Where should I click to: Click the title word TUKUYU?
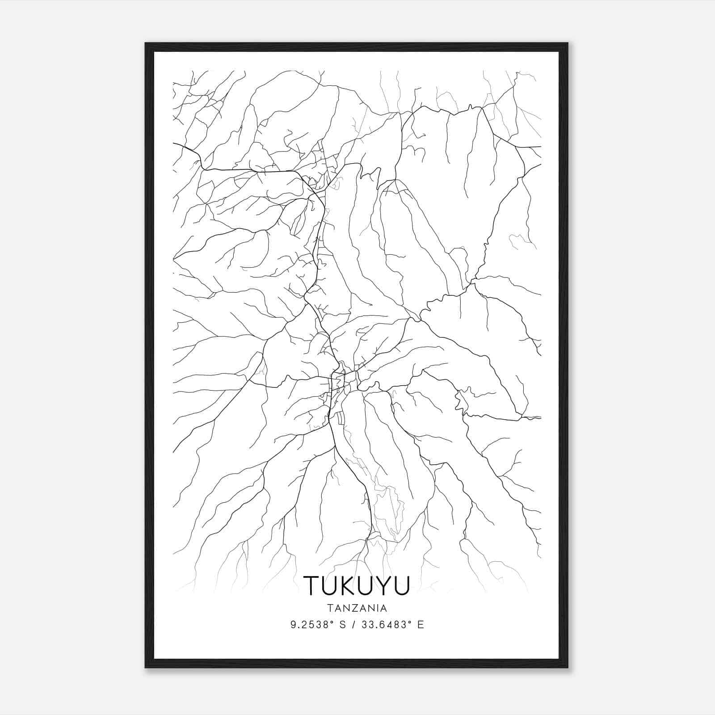[356, 585]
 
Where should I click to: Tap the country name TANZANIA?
[357, 608]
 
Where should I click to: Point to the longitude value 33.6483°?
[384, 625]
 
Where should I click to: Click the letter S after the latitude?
[343, 625]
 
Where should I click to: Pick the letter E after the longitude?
[421, 625]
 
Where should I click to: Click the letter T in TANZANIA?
[329, 608]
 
